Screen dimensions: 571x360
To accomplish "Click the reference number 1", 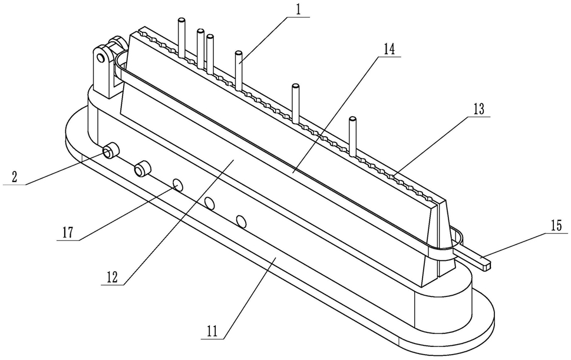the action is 299,10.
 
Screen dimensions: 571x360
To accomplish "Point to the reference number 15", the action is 556,226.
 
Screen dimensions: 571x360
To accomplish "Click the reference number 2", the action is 14,177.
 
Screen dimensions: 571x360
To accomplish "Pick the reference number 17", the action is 68,232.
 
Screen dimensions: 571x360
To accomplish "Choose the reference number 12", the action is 112,277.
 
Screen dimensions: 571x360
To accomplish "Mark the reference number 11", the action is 212,331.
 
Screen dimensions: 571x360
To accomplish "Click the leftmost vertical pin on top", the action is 181,38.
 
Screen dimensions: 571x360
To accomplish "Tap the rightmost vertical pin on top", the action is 352,136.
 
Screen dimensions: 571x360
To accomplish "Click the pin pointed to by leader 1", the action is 239,71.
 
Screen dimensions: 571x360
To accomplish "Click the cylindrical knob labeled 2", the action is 110,151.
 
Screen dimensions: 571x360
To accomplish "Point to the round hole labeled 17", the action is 178,185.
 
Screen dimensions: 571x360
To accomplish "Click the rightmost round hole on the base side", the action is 240,221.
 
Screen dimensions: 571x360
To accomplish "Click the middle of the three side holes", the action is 209,203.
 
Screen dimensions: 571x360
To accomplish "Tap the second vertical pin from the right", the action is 296,104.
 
